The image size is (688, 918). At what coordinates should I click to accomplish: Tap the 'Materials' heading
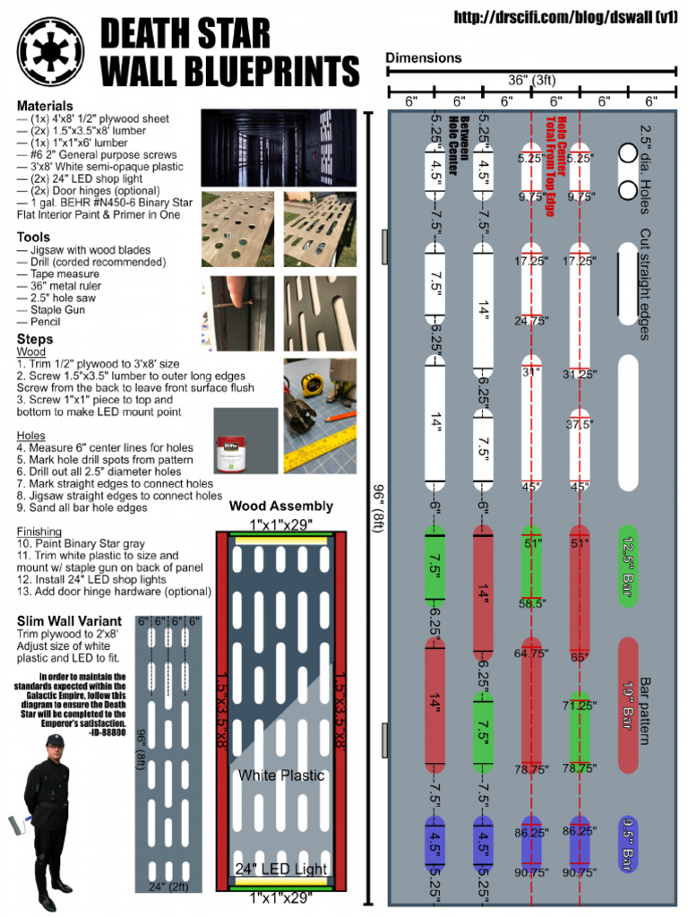pyautogui.click(x=45, y=106)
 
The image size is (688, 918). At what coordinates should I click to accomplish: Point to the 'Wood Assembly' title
pyautogui.click(x=280, y=507)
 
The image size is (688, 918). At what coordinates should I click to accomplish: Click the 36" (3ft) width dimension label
pyautogui.click(x=531, y=79)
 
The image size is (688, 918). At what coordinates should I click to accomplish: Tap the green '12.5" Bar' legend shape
pyautogui.click(x=627, y=567)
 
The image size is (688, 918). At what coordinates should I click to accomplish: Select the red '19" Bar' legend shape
pyautogui.click(x=627, y=705)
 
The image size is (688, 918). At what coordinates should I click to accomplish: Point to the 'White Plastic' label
pyautogui.click(x=280, y=775)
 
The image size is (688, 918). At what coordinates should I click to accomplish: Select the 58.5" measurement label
pyautogui.click(x=531, y=604)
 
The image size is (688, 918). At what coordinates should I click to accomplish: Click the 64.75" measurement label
pyautogui.click(x=531, y=653)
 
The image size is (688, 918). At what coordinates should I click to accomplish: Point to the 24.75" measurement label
pyautogui.click(x=531, y=319)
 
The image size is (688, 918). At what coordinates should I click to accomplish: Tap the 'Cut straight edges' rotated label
pyautogui.click(x=645, y=284)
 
